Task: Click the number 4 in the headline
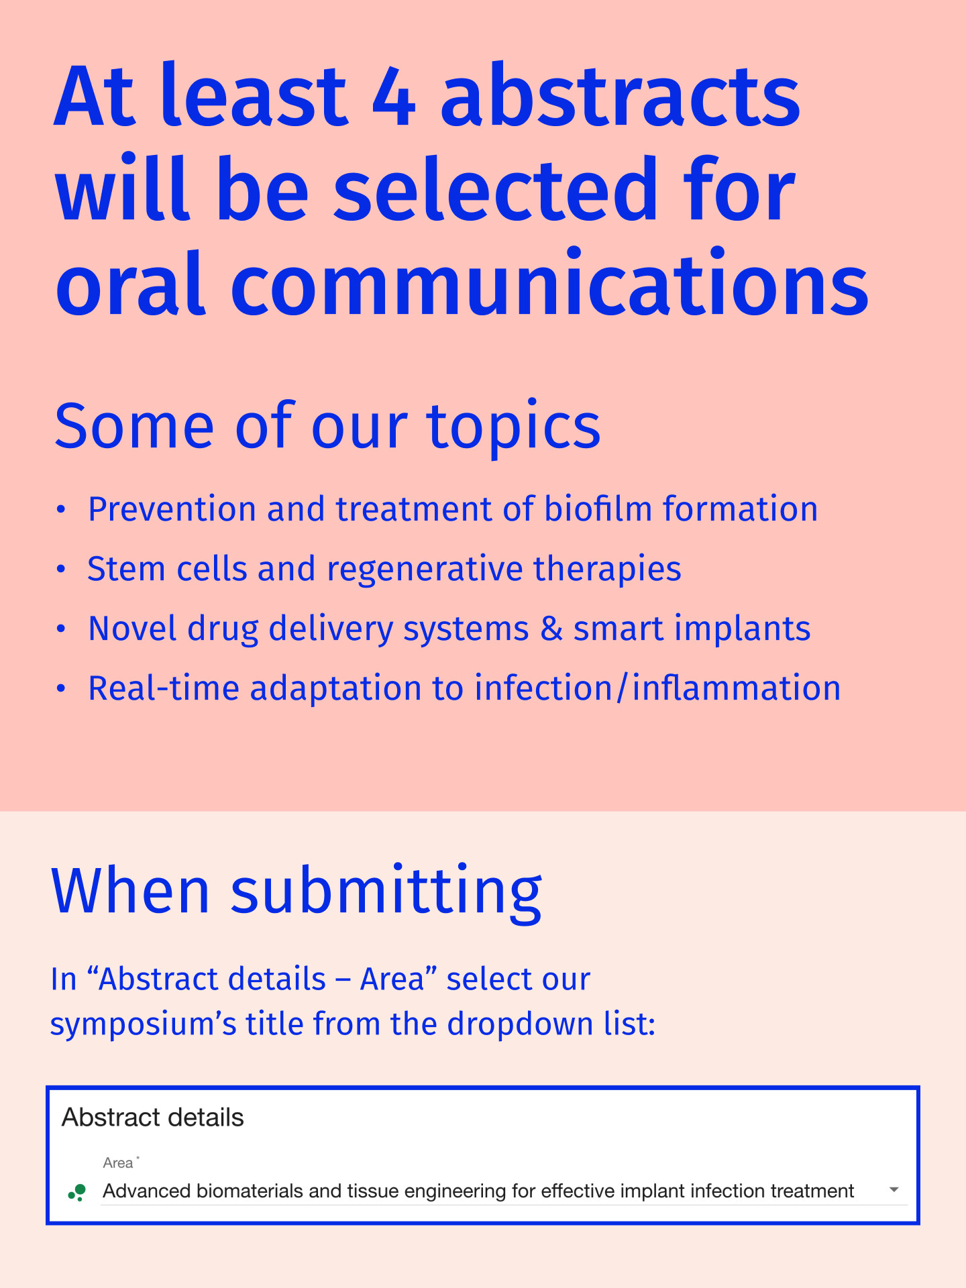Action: [x=394, y=96]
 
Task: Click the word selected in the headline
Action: [x=496, y=188]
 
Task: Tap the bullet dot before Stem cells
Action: [x=61, y=570]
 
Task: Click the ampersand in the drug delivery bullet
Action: [x=551, y=629]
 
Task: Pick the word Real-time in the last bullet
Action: [x=164, y=688]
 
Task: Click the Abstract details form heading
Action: [x=153, y=1118]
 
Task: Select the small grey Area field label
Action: [x=118, y=1163]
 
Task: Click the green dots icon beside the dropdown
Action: [x=77, y=1192]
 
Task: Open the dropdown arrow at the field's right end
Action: [x=894, y=1190]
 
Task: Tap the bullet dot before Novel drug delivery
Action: [x=61, y=629]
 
